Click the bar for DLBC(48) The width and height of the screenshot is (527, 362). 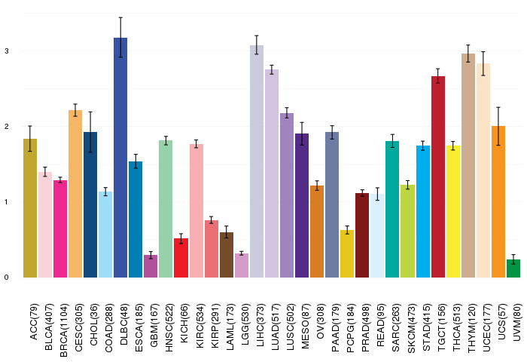click(120, 158)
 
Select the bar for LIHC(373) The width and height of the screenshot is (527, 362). click(257, 161)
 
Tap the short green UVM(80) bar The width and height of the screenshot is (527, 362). click(513, 268)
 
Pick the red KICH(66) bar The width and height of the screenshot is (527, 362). click(181, 258)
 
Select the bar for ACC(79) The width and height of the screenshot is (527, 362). click(30, 208)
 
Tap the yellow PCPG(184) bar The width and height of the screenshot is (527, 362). click(347, 253)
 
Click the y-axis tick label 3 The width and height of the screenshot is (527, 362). click(6, 51)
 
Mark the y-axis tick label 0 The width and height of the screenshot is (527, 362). click(6, 278)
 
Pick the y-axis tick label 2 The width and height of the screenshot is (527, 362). click(6, 127)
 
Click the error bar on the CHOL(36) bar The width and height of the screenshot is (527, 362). click(90, 132)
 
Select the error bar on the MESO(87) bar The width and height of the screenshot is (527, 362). click(302, 133)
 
